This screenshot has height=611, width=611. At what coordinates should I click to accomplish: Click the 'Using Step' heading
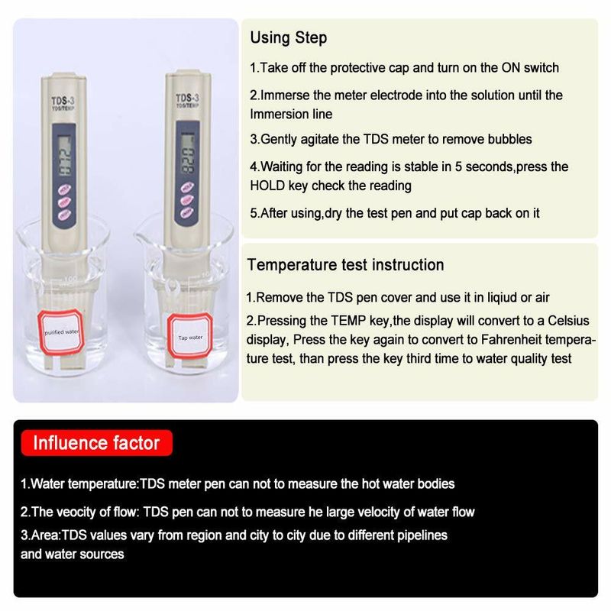click(x=289, y=38)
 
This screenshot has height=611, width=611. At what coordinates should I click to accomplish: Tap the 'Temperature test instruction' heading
click(x=346, y=265)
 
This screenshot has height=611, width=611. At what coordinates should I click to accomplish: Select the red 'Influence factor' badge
click(x=97, y=443)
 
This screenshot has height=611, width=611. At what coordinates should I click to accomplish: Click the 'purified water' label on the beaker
click(x=61, y=331)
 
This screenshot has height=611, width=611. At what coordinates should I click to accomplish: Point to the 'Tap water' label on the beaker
click(x=190, y=337)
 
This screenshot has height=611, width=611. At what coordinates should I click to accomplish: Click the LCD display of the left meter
click(x=65, y=155)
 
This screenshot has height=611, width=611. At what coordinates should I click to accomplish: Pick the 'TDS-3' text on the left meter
click(x=63, y=101)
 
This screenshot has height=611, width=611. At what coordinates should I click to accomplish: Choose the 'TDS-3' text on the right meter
click(x=187, y=98)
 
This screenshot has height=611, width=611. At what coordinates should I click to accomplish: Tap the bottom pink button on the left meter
click(x=64, y=215)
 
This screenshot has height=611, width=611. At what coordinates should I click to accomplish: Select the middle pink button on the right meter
click(x=187, y=200)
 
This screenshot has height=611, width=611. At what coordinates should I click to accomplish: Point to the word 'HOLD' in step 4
click(x=268, y=186)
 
